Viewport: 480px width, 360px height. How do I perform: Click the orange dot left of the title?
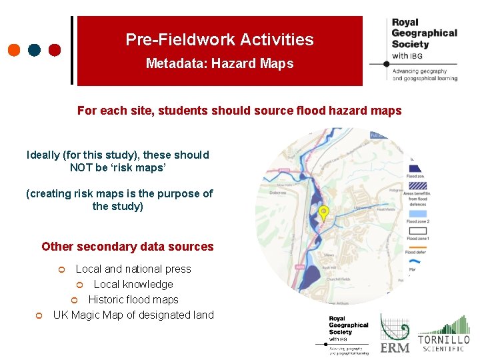[x=14, y=50]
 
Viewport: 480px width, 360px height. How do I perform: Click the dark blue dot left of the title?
[x=35, y=50]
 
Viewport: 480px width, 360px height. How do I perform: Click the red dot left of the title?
[x=55, y=50]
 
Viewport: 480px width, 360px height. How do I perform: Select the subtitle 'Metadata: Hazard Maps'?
[x=219, y=64]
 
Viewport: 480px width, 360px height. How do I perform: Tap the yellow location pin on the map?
[x=324, y=213]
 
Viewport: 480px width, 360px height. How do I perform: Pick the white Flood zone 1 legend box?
[x=415, y=230]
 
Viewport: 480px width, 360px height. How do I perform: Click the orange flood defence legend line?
[x=414, y=245]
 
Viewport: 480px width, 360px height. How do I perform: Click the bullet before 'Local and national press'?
[x=61, y=270]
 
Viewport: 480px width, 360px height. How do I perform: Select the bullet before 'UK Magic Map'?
[x=39, y=315]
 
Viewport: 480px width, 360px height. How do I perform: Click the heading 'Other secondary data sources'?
[x=127, y=247]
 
